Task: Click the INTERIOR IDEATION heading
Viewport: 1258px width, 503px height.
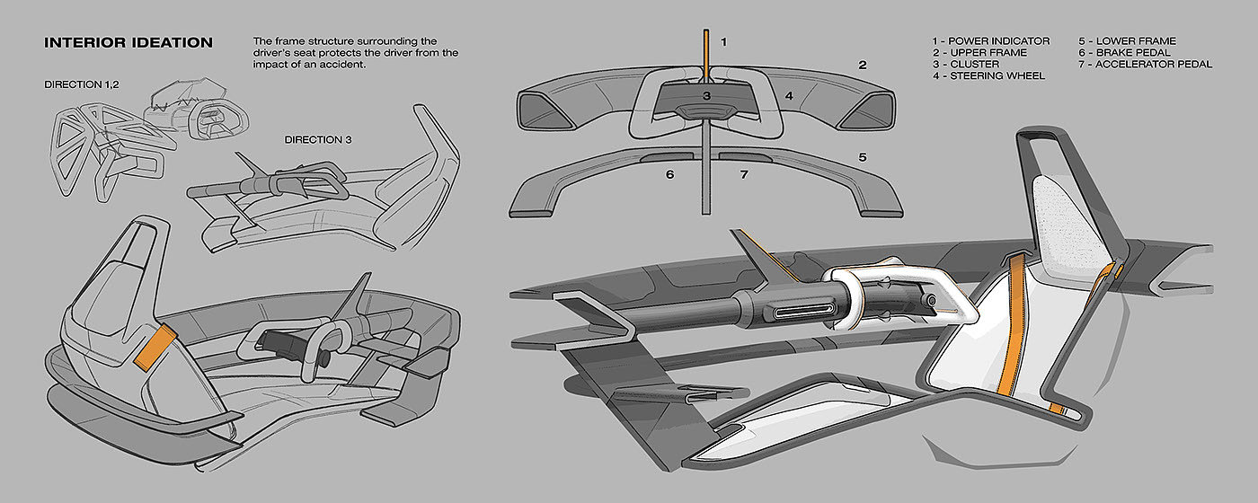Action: (128, 43)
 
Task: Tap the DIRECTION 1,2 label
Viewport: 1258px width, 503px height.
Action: (82, 84)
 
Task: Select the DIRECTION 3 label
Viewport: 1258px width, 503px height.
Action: (318, 140)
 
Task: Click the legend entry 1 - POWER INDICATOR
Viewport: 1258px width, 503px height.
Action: (990, 41)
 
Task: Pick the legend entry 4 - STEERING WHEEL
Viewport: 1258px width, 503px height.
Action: (988, 75)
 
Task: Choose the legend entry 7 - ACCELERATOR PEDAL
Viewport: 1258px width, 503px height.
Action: (1145, 64)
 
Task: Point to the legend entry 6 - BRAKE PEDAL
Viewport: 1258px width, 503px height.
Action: (1124, 53)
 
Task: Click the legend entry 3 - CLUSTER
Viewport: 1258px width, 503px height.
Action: (965, 64)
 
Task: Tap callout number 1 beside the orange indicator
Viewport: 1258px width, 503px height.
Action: (724, 41)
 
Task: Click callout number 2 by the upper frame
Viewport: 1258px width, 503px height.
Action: (862, 65)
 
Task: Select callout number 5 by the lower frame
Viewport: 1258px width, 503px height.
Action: (862, 157)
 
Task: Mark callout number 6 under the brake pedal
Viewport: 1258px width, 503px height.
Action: (669, 174)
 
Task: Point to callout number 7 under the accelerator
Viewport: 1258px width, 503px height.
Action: (744, 174)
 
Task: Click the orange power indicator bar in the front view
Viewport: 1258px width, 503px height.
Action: (706, 56)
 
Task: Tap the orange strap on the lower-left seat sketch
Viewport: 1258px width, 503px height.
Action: (155, 347)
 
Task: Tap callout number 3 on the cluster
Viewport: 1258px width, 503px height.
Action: (706, 96)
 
